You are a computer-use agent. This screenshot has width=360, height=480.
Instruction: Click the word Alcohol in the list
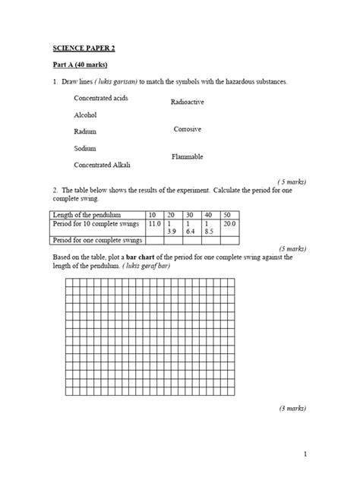click(x=86, y=115)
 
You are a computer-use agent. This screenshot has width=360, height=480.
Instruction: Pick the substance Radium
click(x=86, y=132)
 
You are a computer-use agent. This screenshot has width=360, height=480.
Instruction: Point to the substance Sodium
click(x=85, y=149)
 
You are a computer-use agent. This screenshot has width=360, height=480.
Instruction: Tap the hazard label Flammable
click(x=188, y=156)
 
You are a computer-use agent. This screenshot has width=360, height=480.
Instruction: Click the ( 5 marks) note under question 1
click(x=292, y=182)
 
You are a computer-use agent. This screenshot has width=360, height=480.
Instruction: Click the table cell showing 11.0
click(x=154, y=225)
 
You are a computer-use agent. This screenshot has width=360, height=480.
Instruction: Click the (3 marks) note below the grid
click(x=292, y=408)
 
